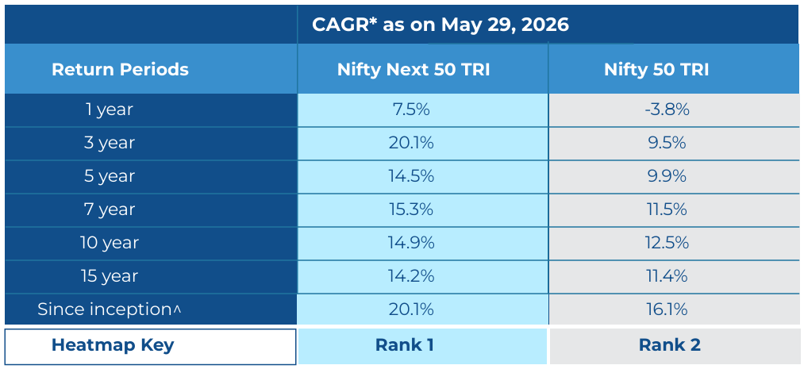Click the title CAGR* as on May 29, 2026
440,25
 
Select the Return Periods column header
120,69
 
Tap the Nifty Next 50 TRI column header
414,69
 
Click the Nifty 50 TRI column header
656,69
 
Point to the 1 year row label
110,110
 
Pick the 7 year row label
110,209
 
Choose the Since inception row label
109,309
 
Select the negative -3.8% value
667,110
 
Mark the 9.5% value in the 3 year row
667,143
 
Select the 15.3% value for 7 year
411,209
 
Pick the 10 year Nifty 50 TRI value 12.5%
667,243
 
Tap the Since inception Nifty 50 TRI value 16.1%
667,309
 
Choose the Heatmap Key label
113,345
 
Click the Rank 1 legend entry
405,345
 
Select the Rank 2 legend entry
670,345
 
